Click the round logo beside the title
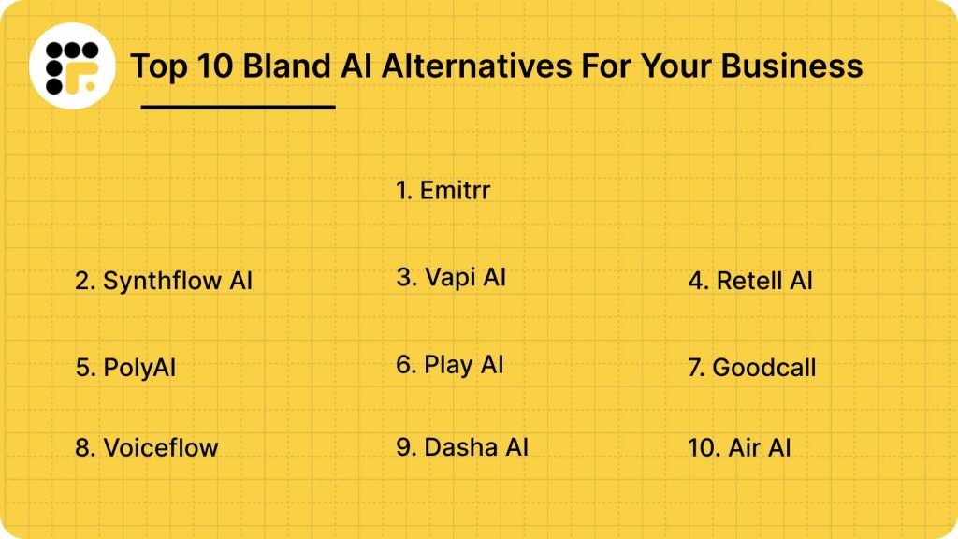pos(72,66)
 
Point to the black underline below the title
pos(238,107)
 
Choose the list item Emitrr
pos(443,191)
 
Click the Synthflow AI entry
pos(164,280)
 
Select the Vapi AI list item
pos(451,277)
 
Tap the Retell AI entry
pos(750,280)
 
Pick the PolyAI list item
pos(125,368)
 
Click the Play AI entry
pos(450,364)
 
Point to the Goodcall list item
pos(751,368)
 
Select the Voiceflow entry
pos(146,447)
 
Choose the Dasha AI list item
pos(462,447)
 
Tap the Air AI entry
pos(739,447)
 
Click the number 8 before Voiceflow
pos(83,447)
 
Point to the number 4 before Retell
pos(697,280)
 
